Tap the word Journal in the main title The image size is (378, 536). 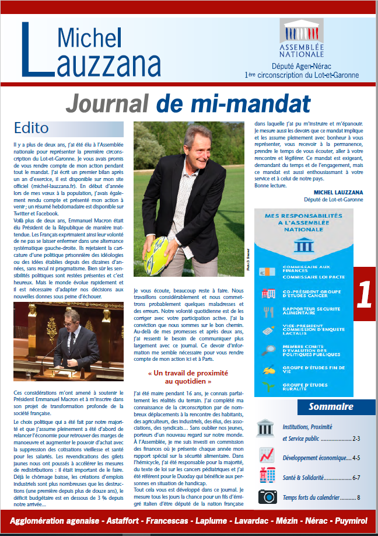(107, 103)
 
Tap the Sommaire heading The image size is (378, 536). (331, 406)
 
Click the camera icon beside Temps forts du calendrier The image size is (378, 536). (267, 497)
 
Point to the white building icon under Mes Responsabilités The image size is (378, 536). (302, 244)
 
